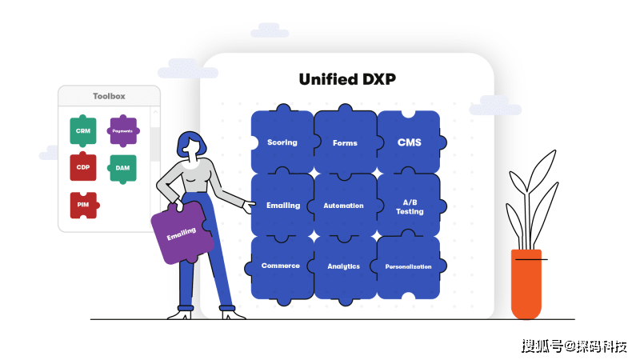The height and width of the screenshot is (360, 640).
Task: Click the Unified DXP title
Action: coord(347,79)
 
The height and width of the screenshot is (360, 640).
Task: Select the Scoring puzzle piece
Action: coord(282,142)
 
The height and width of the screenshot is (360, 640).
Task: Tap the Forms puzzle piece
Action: coord(345,142)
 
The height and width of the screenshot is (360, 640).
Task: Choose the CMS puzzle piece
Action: coord(409,142)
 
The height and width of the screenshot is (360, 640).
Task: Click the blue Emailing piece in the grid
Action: coord(282,205)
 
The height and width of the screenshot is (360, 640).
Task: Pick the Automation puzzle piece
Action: coord(344,206)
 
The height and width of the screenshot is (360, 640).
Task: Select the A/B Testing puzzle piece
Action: coord(409,206)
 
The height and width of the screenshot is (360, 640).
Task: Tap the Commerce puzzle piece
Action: coord(281,266)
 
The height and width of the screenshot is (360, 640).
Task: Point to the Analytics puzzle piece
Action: coord(344,266)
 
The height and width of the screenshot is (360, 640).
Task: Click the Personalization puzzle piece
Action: coord(408,266)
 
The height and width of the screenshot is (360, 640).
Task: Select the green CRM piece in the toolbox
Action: coord(82,130)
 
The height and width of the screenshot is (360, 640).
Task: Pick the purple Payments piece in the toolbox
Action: coord(122,130)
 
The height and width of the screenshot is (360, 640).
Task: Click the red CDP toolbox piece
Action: coord(82,167)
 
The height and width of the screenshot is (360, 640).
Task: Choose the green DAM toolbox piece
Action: coord(122,168)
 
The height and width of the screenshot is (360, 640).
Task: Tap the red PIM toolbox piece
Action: coord(82,205)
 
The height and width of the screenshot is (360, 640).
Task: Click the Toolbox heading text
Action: coord(109,96)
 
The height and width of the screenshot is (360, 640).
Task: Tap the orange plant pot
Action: coord(526,284)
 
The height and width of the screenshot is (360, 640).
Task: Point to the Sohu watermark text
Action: coord(574,346)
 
